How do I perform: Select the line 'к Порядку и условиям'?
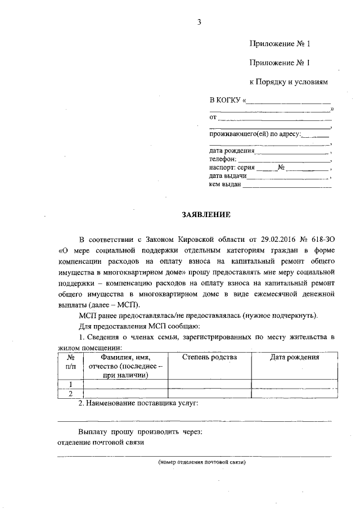click(288, 82)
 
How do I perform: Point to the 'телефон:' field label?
click(222, 159)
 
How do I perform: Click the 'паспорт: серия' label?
click(232, 168)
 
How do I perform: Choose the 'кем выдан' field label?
click(225, 184)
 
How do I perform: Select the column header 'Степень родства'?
click(210, 357)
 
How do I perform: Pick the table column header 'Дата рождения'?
click(294, 357)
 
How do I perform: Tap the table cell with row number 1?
click(71, 384)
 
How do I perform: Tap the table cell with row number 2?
click(71, 393)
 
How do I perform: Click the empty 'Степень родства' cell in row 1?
click(210, 384)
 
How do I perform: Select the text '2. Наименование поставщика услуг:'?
click(138, 403)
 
